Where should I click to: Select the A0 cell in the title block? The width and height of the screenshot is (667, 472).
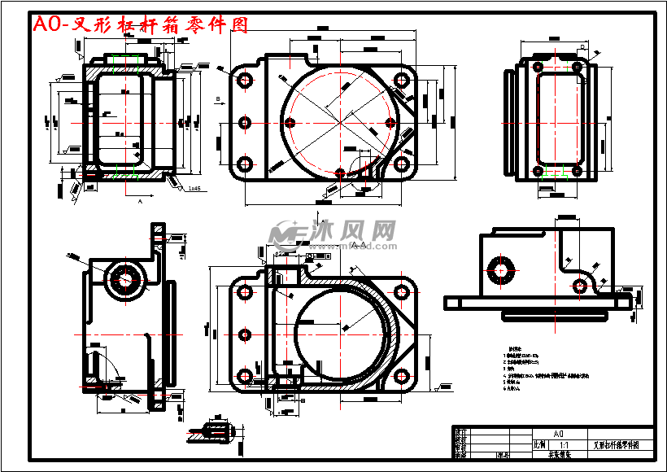coord(558,434)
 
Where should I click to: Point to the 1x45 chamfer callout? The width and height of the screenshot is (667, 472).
coord(194,188)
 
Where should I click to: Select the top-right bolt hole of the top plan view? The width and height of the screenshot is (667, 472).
coord(401,80)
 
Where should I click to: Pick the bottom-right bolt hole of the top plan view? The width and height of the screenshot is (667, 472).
coord(401,164)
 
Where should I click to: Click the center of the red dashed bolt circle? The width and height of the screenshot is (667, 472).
coord(340,122)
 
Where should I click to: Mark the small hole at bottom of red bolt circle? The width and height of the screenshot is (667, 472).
coord(340,173)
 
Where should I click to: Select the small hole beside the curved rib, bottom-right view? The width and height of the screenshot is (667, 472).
coord(580,285)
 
